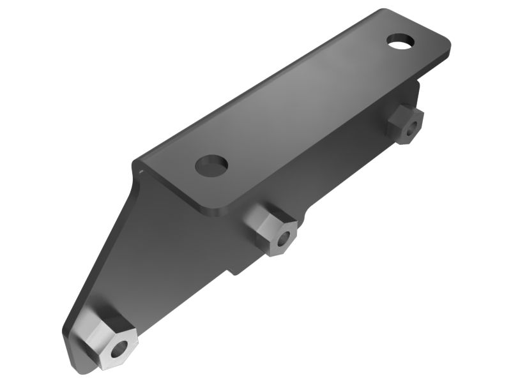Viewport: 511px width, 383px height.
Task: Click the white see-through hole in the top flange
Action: pos(400,43)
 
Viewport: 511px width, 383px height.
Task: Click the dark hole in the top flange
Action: pos(212,166)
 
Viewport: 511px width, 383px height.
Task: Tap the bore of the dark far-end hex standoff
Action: pos(414,126)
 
